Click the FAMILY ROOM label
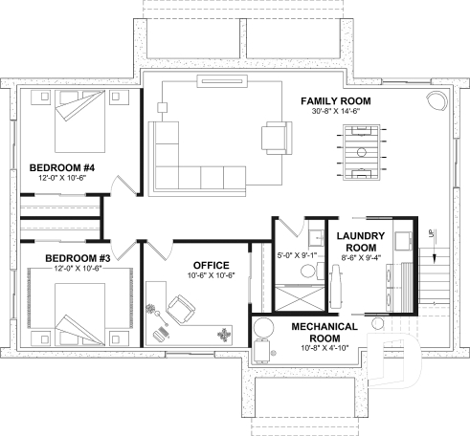335,101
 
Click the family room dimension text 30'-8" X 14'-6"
335,112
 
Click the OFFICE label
210,265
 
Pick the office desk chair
179,308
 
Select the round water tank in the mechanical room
263,326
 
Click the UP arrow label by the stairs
432,232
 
